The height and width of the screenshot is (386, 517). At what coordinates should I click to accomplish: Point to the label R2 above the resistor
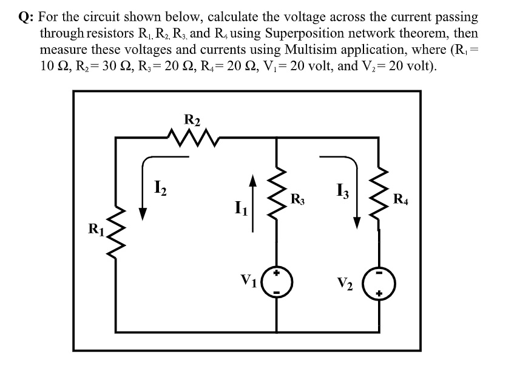[192, 119]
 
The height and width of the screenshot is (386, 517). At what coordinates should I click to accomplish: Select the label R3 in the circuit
[298, 198]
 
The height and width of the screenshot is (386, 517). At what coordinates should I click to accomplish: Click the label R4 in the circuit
[401, 198]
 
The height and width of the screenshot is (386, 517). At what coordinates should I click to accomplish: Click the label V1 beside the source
[249, 280]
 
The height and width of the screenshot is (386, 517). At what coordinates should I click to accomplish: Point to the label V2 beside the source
[347, 282]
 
